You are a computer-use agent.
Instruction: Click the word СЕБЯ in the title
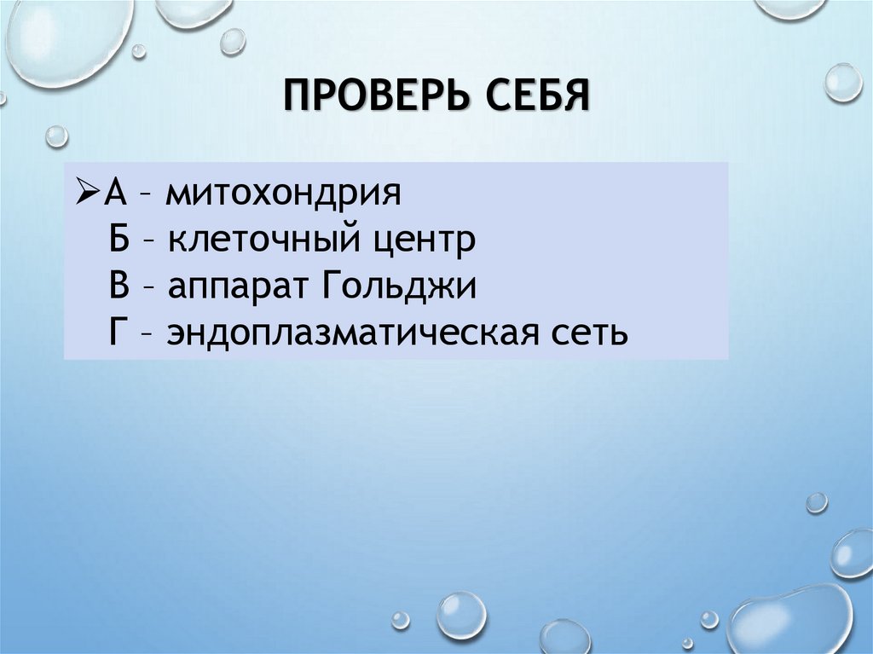(539, 94)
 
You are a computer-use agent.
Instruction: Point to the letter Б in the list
(119, 240)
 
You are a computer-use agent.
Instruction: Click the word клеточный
(258, 241)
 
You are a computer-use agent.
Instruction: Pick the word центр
(423, 241)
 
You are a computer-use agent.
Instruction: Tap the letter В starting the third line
(119, 286)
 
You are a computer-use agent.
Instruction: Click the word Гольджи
(399, 288)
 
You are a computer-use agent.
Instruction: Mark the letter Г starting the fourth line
(118, 333)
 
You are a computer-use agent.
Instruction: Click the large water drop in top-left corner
(68, 38)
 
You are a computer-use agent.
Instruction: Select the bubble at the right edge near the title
(843, 83)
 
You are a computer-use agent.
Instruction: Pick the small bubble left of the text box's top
(56, 136)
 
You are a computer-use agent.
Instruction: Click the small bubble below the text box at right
(816, 502)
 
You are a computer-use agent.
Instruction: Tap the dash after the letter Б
(147, 241)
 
